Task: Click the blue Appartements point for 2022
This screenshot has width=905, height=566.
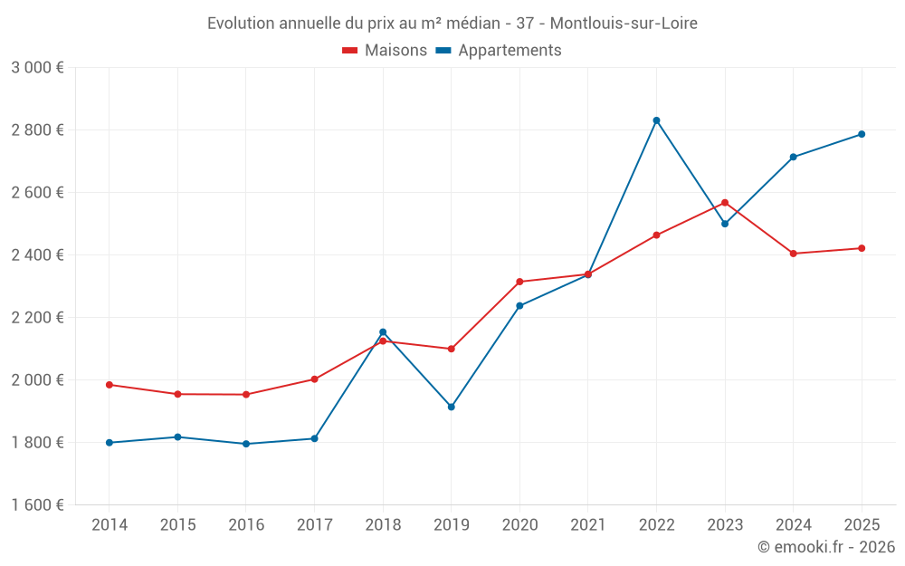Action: click(656, 120)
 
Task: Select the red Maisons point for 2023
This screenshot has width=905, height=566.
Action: click(725, 203)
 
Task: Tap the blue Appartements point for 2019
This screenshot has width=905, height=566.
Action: click(452, 407)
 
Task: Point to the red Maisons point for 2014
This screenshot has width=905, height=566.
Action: click(110, 385)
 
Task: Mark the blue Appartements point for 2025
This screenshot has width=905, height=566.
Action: click(862, 134)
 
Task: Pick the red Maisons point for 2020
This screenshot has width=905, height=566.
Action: click(519, 282)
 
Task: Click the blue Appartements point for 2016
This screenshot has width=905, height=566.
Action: click(246, 444)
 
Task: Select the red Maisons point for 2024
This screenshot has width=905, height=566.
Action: click(793, 254)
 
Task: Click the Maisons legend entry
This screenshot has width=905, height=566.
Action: click(385, 51)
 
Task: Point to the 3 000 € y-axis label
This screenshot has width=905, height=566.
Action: click(37, 68)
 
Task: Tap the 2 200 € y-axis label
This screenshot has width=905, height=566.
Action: click(37, 318)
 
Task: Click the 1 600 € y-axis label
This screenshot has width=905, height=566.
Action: click(37, 505)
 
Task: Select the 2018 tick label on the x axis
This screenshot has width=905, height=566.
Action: click(383, 524)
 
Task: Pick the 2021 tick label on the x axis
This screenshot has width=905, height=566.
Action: click(588, 524)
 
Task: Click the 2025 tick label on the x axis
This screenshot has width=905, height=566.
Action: click(862, 524)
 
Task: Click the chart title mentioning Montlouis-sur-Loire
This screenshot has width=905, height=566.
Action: click(452, 24)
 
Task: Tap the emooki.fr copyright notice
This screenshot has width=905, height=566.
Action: click(825, 547)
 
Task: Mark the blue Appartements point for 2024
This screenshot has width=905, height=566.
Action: click(793, 158)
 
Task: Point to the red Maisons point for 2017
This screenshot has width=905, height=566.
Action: click(314, 379)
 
